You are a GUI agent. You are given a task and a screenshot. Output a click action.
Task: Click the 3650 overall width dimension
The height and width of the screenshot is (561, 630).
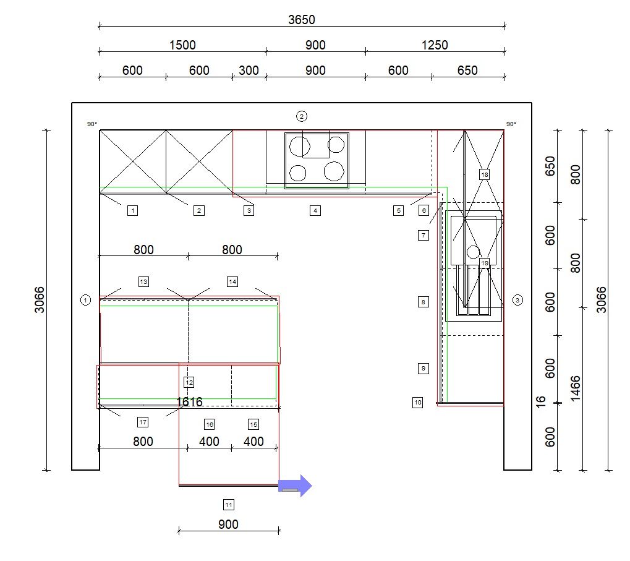pos(301,20)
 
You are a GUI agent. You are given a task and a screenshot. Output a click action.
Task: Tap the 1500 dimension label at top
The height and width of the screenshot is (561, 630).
pos(182,45)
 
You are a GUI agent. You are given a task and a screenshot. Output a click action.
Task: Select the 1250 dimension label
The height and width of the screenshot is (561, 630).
pos(435,45)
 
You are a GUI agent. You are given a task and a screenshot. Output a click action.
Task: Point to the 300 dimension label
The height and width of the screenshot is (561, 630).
pos(249,71)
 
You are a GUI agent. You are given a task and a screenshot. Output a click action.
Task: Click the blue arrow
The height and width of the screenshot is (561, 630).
pos(295,486)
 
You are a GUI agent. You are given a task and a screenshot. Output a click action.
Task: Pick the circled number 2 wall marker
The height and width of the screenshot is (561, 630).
pos(301,116)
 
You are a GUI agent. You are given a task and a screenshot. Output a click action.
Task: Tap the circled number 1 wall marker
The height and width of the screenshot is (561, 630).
pos(85,300)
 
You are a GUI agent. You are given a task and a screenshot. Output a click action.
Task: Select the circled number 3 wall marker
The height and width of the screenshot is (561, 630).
pos(517,300)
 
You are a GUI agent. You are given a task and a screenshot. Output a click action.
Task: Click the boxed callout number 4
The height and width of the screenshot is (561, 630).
pos(315,210)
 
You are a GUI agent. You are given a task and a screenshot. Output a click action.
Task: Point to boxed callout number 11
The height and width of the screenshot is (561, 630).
pos(229,505)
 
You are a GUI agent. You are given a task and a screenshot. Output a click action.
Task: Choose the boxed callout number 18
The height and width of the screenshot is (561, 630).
pos(485,174)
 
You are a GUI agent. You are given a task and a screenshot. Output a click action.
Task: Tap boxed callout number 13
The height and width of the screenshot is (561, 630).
pos(143,281)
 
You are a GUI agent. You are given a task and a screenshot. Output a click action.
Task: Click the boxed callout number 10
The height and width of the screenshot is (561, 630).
pos(418,402)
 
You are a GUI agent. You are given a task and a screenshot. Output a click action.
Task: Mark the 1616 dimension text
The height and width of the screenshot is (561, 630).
pos(189,401)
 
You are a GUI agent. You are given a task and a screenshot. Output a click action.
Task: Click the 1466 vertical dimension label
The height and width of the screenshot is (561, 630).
pos(576,388)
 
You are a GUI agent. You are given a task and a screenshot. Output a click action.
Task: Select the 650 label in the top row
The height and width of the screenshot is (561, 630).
pos(467,71)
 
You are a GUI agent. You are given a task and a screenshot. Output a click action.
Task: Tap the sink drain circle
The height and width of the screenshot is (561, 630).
pos(474,252)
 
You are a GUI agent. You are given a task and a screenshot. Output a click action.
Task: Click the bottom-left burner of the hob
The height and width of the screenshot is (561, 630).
pos(298,173)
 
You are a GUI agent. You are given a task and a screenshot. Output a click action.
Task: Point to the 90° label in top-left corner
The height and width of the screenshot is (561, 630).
pos(92,124)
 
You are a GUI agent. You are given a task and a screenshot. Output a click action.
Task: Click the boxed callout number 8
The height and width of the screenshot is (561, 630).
pos(423,302)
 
